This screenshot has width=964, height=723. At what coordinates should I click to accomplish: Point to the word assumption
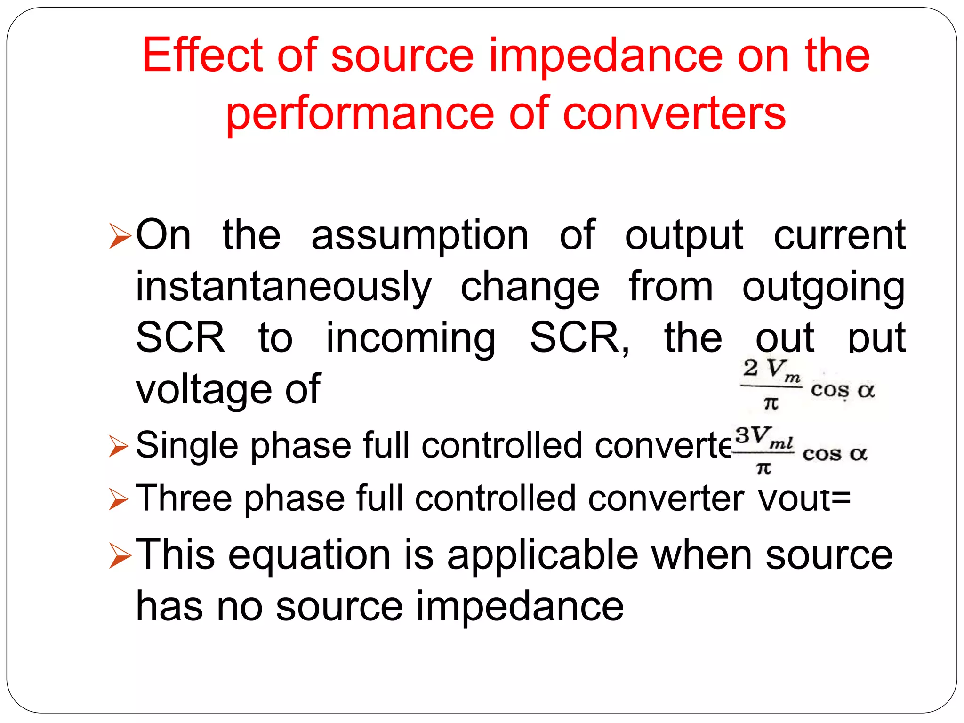tap(420, 235)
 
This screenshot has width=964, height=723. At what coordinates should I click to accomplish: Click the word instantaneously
tap(283, 287)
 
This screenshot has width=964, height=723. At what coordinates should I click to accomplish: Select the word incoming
tap(411, 339)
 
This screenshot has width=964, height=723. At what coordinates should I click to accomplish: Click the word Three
tap(184, 498)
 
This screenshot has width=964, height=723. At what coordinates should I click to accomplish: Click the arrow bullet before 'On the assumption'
tap(120, 236)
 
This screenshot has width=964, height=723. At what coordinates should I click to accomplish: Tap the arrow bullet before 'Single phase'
tap(118, 446)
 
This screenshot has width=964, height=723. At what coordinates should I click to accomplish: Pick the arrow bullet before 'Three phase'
tap(118, 499)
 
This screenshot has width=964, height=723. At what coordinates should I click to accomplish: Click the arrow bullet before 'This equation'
tap(120, 556)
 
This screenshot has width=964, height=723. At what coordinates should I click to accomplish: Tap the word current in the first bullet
tap(840, 235)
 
